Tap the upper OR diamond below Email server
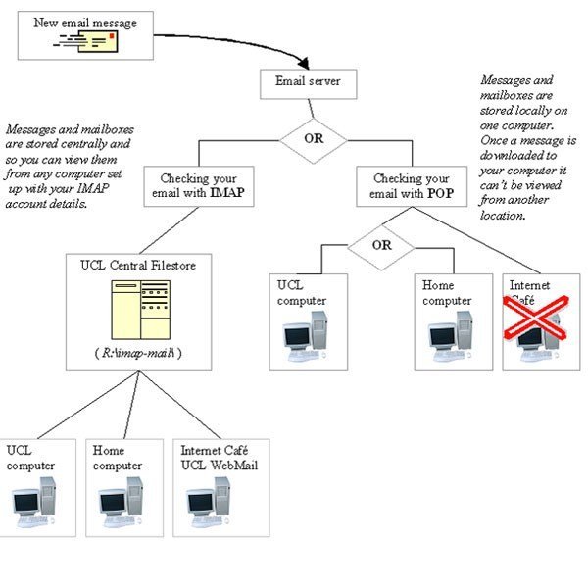tap(314, 139)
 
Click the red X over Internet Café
tap(536, 319)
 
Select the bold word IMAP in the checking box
tap(224, 194)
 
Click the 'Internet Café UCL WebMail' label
tap(219, 458)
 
